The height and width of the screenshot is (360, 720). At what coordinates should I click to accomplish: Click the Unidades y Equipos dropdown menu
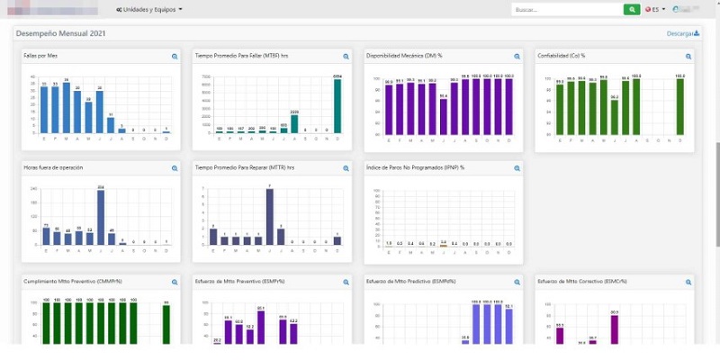pos(149,9)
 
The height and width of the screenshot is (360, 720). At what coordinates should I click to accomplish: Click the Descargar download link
pos(682,33)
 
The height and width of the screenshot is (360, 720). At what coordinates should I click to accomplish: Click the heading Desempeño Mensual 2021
pos(61,33)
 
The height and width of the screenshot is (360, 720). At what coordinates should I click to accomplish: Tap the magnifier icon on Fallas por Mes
pos(175,57)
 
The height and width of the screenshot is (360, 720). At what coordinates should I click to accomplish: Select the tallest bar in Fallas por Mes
pos(66,107)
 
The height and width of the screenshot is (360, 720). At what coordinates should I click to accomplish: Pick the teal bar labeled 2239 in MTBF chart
pos(294,123)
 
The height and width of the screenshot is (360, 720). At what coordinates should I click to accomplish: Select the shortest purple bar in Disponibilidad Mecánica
pos(443,116)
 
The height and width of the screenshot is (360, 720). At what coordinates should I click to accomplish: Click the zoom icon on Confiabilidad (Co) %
pos(688,57)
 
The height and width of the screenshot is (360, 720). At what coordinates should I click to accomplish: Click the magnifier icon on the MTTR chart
pos(346,168)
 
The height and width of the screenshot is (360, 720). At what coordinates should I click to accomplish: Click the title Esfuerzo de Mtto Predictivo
pos(407,281)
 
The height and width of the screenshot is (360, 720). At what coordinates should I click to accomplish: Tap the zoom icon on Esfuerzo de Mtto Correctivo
pos(688,282)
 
